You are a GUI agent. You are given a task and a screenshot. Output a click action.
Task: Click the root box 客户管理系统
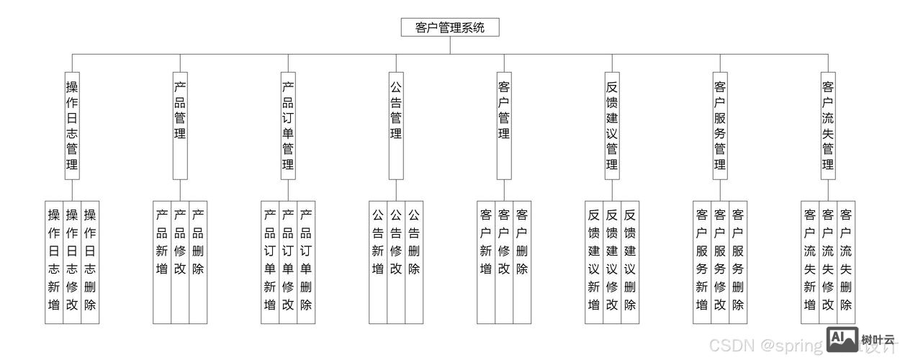pos(450,27)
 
